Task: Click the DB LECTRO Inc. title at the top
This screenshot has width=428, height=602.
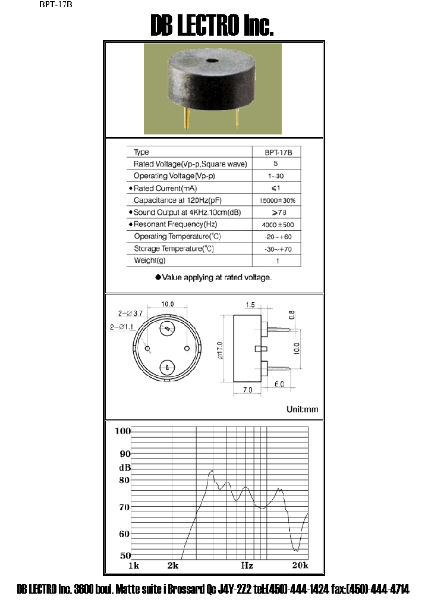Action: point(212,26)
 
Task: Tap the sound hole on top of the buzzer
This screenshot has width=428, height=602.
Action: point(211,61)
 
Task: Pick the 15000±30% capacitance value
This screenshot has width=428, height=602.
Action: point(278,200)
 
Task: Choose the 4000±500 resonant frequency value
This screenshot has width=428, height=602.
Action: point(278,225)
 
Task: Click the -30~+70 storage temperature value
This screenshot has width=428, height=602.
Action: point(278,249)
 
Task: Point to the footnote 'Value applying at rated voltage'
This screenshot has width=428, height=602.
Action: point(213,277)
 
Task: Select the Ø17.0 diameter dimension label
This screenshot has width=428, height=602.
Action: point(220,350)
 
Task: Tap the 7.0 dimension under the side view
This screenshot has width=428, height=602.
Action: point(247,389)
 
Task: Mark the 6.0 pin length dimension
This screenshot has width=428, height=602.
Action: point(279,385)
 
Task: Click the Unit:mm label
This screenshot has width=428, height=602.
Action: point(302,409)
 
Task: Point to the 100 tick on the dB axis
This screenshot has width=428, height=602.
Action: point(122,431)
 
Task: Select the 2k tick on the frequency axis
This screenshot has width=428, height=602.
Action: point(173,565)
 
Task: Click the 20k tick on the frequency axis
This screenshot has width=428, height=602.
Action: point(300,565)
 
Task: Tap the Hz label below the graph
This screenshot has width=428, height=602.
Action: point(247,565)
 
